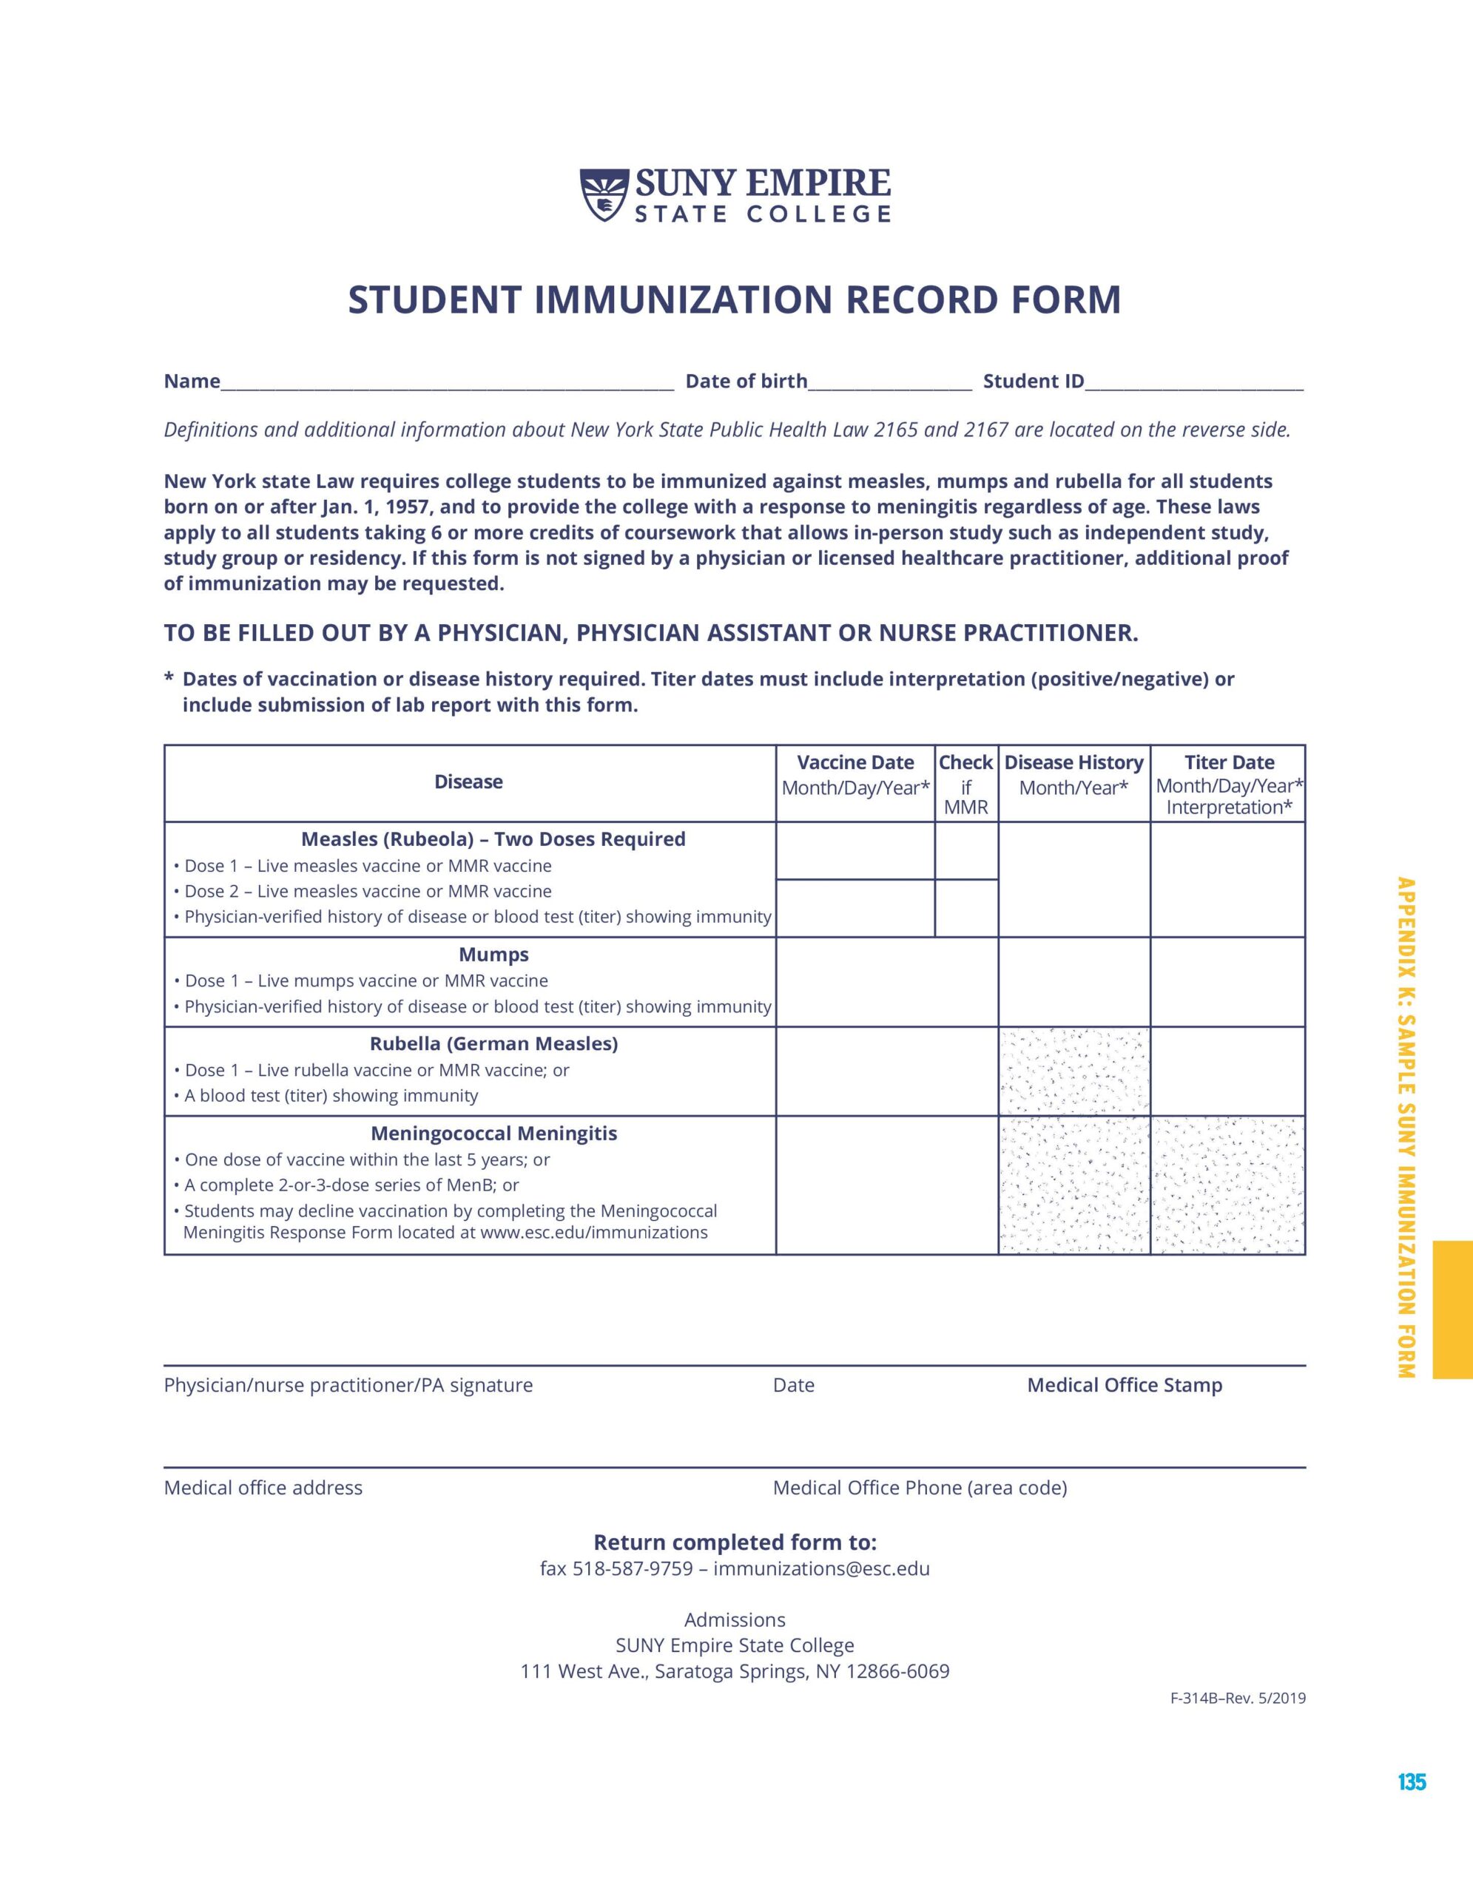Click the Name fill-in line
pos(447,384)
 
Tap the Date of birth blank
pos(889,384)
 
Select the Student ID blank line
pos(1194,384)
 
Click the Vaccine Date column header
pos(855,775)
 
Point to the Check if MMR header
pos(965,784)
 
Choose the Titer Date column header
pos(1229,784)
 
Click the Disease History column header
pos(1073,775)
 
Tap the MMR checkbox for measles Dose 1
pos(965,851)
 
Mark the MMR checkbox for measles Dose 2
pos(965,908)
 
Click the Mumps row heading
pos(493,955)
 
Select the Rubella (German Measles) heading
pos(493,1044)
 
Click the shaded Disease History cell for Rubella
pos(1074,1072)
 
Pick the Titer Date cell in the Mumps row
pos(1227,982)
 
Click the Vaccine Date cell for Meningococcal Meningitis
pos(886,1185)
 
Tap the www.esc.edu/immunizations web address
pos(593,1233)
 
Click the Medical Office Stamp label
pos(1125,1386)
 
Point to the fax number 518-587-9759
pos(632,1569)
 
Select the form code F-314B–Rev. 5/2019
pos(1237,1699)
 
